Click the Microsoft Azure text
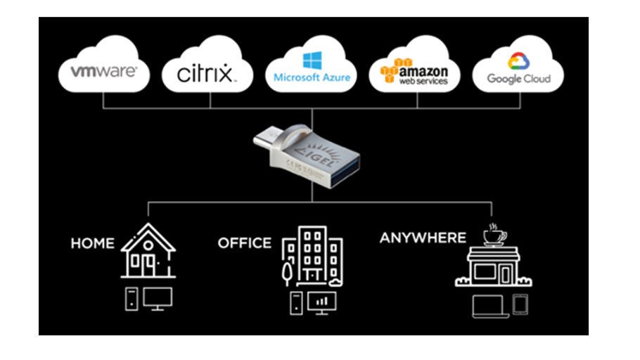click(x=312, y=77)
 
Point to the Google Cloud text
click(x=519, y=79)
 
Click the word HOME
click(x=92, y=243)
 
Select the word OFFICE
click(x=244, y=243)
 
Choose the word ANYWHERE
click(x=423, y=238)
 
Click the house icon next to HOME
click(x=148, y=253)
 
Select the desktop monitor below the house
click(x=158, y=299)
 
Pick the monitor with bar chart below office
click(x=322, y=302)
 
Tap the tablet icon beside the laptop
click(x=521, y=303)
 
